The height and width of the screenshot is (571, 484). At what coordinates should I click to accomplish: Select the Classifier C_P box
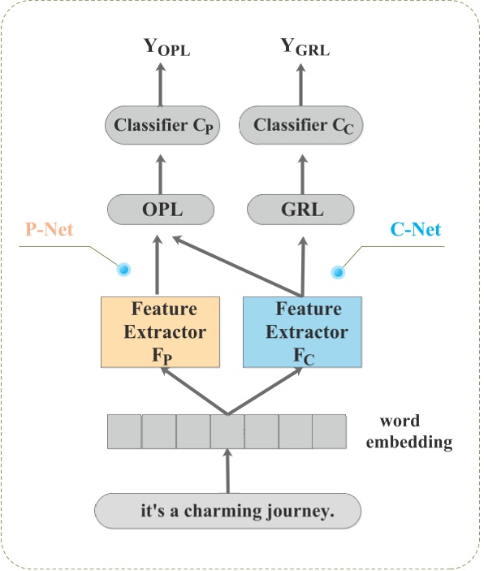coord(159,126)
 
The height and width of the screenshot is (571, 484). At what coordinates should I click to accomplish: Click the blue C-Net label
coord(415,230)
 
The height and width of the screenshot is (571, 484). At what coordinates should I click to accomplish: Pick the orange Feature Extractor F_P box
coord(161,331)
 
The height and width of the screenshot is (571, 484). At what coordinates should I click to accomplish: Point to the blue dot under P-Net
coord(123,270)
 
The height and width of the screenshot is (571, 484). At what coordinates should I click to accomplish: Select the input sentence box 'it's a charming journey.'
coord(227,512)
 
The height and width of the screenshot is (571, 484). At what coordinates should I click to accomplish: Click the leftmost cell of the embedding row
coord(124,431)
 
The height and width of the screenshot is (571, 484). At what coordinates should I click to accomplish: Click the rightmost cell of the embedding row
coord(330,431)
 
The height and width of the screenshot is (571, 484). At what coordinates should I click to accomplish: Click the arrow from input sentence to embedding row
coord(227,471)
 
